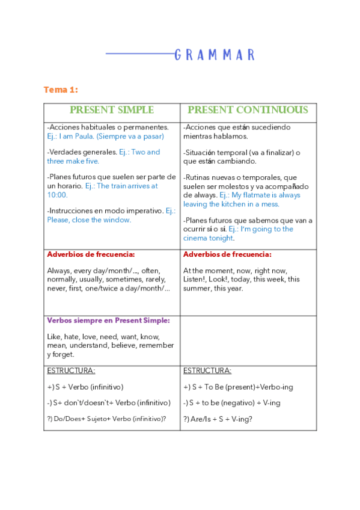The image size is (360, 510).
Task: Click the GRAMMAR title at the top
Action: coord(215,55)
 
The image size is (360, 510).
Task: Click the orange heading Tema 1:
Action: coord(61,90)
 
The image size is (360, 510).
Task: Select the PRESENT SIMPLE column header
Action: coord(112,110)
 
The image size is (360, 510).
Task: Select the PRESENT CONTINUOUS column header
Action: coord(248,110)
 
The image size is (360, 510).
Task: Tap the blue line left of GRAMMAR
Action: coord(139,54)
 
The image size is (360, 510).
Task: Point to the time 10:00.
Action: coord(58,195)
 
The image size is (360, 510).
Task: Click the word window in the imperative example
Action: coord(117,220)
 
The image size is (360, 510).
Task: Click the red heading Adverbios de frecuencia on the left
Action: coord(91,254)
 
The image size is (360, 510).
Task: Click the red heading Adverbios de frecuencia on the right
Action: coord(227,254)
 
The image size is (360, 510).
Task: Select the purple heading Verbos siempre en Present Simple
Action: coord(108,321)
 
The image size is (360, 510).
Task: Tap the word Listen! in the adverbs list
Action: coord(197,280)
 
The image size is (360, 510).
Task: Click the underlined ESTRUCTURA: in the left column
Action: coord(71,370)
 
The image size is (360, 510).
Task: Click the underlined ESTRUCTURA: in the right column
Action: coord(207,370)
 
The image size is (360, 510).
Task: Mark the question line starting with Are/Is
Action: coord(218,419)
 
